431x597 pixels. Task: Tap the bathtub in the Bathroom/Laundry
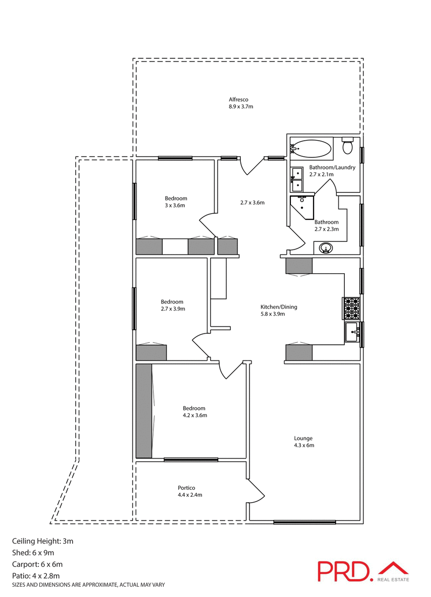(x=311, y=148)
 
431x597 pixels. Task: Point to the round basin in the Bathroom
(x=325, y=248)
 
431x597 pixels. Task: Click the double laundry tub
(x=297, y=179)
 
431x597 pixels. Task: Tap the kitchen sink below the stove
(x=352, y=332)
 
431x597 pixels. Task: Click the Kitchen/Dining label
(x=279, y=307)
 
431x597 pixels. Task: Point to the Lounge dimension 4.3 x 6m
(x=304, y=446)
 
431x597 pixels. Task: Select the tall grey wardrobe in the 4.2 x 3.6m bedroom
(x=144, y=411)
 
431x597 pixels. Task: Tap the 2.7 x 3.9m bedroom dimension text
(x=172, y=309)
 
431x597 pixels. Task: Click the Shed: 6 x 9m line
(x=33, y=552)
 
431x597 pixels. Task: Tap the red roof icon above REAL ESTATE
(x=393, y=567)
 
